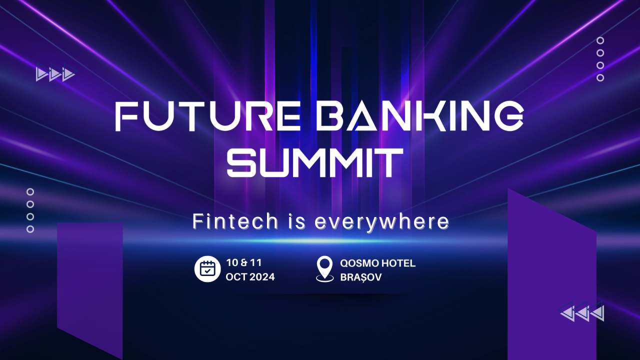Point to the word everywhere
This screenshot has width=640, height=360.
click(x=381, y=222)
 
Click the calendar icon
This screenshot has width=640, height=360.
click(x=207, y=269)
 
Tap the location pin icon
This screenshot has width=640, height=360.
click(x=325, y=269)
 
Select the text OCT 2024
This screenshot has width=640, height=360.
click(x=250, y=276)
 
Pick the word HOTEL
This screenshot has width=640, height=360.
click(x=398, y=263)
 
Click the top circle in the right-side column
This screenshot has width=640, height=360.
click(x=600, y=40)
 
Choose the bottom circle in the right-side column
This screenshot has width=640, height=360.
click(x=600, y=77)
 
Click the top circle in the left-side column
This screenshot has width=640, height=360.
click(x=30, y=191)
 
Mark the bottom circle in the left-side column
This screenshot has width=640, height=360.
click(x=30, y=229)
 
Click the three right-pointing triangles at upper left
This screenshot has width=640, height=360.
click(x=55, y=74)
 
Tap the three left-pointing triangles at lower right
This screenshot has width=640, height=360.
click(x=582, y=313)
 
